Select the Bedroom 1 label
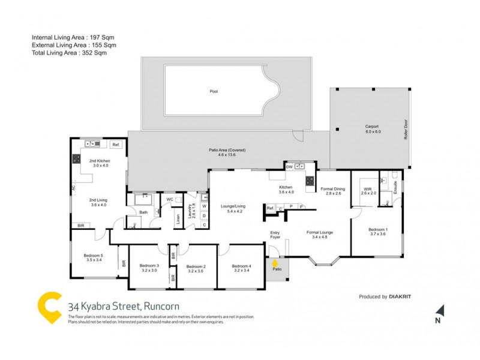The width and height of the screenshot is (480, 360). click(x=377, y=232)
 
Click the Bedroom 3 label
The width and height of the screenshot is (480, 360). click(x=149, y=268)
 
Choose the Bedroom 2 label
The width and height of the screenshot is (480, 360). click(x=196, y=268)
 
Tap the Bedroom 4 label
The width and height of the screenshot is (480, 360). click(x=241, y=268)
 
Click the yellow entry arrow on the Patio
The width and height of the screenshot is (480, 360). click(x=275, y=262)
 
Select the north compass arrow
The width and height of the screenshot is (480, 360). click(x=440, y=310)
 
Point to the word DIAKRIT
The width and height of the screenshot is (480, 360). click(x=401, y=296)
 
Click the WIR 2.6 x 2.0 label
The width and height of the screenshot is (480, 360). click(x=368, y=191)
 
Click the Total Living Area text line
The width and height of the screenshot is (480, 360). click(x=74, y=53)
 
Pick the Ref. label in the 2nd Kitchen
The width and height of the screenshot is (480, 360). click(x=116, y=145)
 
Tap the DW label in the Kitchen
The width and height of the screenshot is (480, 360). click(x=289, y=167)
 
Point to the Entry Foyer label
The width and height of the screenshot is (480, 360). click(x=275, y=235)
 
